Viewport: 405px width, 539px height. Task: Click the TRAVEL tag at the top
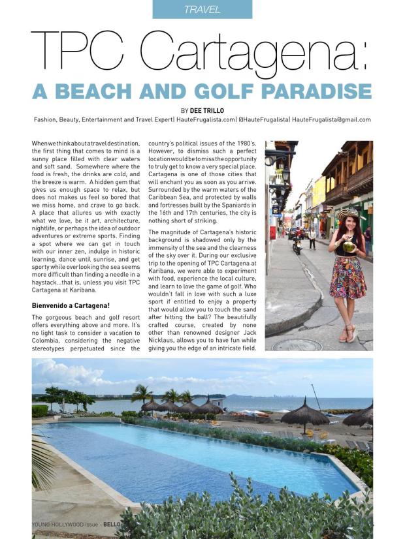202,9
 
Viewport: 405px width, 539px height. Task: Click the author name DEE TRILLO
208,110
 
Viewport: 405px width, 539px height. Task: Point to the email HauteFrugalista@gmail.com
331,119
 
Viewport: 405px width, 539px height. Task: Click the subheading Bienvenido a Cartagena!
71,305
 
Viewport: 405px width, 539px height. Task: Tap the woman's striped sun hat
348,214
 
